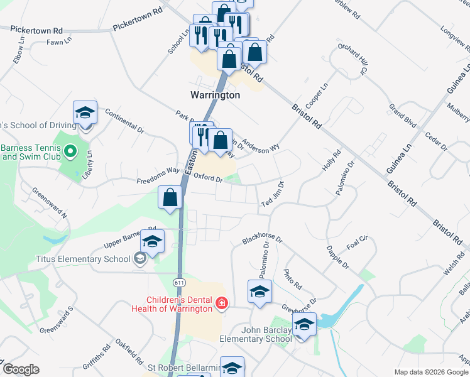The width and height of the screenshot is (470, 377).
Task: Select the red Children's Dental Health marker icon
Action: click(x=221, y=305)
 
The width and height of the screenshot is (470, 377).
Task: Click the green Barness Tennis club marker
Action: click(x=70, y=151)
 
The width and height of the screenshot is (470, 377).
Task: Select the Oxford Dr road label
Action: click(x=209, y=178)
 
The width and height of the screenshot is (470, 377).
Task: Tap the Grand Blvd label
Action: click(x=403, y=117)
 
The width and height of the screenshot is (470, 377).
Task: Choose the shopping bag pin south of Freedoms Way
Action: click(x=170, y=198)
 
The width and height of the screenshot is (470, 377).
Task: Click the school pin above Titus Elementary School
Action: click(x=151, y=241)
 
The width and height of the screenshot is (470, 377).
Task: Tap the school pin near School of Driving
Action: click(x=85, y=113)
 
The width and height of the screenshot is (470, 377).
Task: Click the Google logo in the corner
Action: click(x=21, y=369)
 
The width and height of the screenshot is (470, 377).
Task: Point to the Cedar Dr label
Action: click(x=435, y=141)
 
